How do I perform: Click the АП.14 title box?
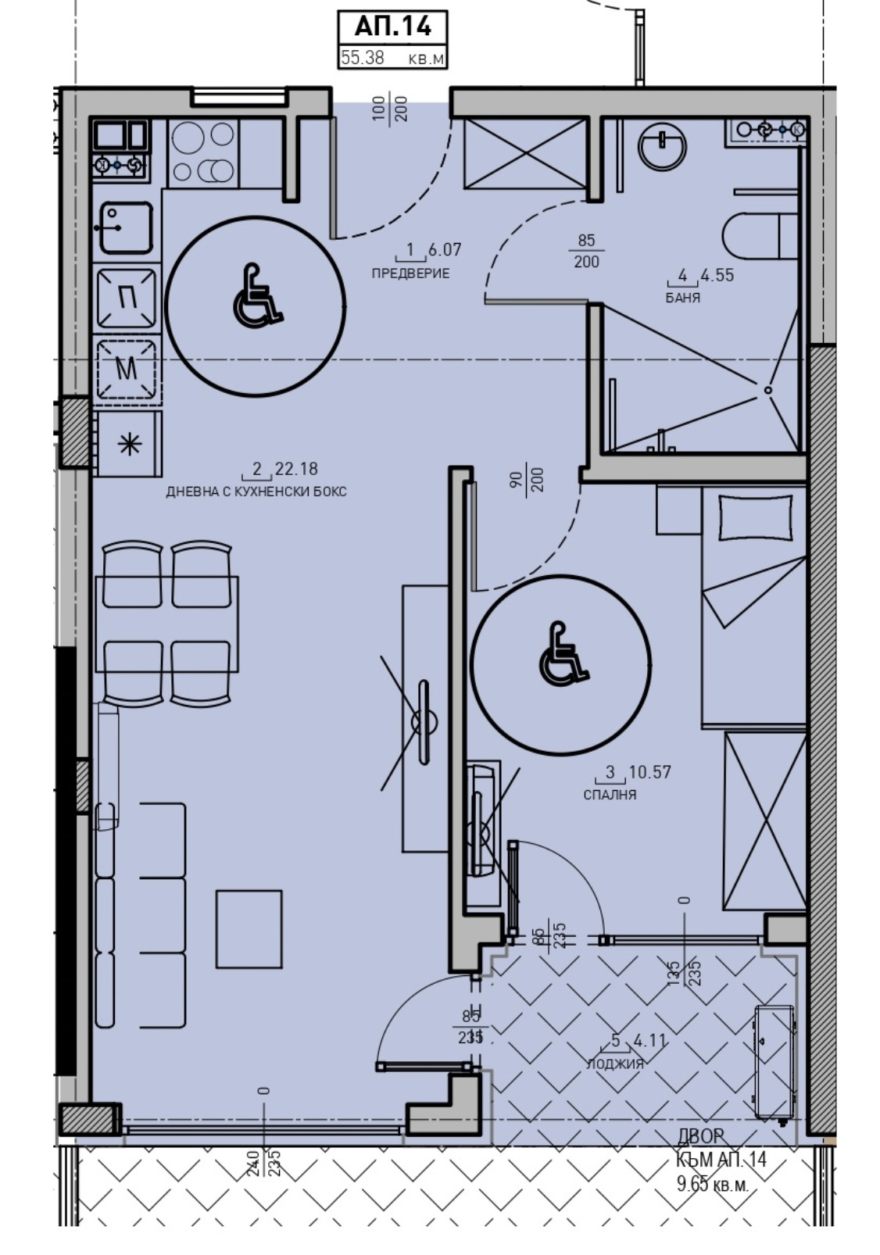tap(392, 27)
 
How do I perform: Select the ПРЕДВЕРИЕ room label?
tap(410, 274)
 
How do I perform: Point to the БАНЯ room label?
tap(682, 298)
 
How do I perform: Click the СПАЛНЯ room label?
tap(610, 795)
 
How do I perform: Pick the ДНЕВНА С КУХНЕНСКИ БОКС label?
tap(256, 492)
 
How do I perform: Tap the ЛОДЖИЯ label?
tap(615, 1064)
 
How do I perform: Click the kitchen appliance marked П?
tap(126, 297)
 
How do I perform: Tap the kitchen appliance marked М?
tap(126, 368)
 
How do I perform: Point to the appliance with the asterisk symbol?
tap(127, 445)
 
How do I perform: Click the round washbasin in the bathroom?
tap(662, 147)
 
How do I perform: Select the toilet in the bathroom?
tap(758, 235)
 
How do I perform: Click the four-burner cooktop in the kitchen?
tap(203, 152)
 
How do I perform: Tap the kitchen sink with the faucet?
tap(125, 227)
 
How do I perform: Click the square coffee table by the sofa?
tap(249, 928)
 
